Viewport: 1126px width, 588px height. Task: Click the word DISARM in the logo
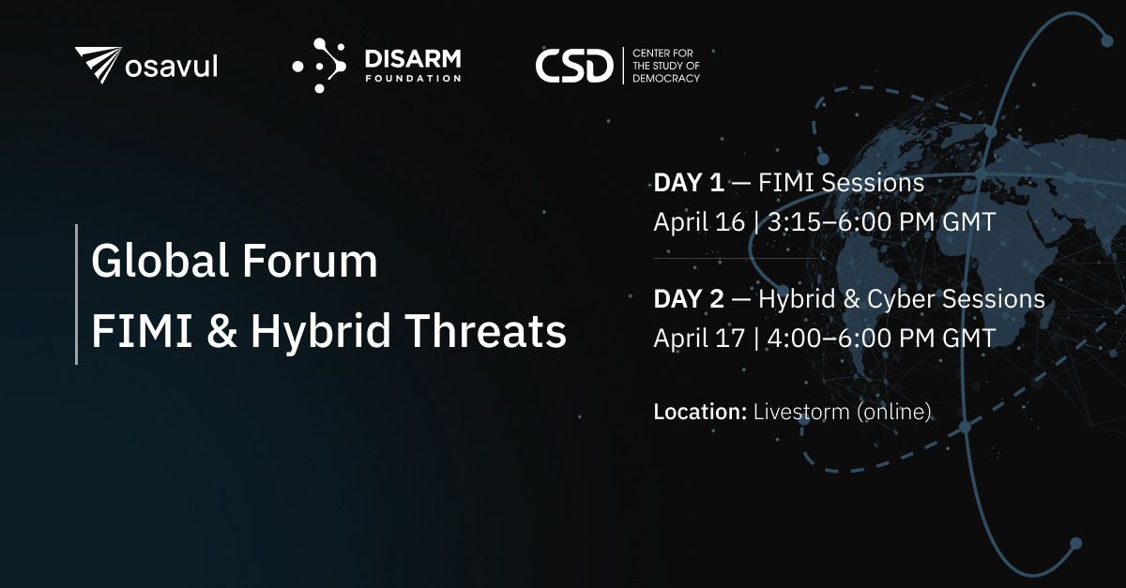[x=413, y=59]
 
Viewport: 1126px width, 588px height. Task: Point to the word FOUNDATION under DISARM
[x=413, y=79]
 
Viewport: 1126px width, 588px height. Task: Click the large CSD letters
[x=572, y=66]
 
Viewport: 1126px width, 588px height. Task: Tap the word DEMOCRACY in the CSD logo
[x=666, y=79]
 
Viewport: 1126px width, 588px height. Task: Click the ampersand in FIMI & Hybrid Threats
[x=220, y=331]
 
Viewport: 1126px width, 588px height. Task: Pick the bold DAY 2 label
[x=689, y=299]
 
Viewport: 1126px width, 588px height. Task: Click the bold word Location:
[x=700, y=412]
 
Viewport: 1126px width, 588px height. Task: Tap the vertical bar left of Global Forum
[x=77, y=294]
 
